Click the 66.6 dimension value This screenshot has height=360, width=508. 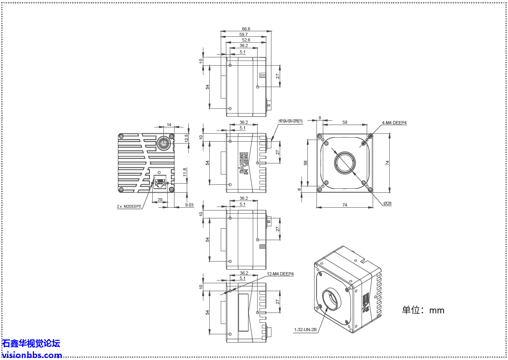[246, 29]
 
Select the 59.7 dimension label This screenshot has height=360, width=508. [243, 34]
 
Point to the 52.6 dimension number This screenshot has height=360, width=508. [246, 40]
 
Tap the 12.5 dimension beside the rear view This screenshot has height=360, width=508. [186, 138]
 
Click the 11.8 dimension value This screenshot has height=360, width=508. [185, 172]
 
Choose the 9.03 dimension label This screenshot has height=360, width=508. [189, 205]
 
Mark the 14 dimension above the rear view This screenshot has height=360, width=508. [169, 125]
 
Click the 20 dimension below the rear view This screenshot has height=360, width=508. [160, 200]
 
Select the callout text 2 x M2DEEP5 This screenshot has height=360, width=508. [129, 207]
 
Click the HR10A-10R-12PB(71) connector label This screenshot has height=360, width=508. [290, 121]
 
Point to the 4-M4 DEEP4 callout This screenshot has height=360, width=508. [394, 123]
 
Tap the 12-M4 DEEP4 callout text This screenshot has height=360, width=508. [280, 274]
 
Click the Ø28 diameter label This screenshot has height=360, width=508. [387, 203]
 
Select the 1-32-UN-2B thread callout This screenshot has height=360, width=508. [305, 329]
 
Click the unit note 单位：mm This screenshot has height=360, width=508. [423, 310]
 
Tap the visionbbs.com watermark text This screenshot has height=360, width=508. [32, 355]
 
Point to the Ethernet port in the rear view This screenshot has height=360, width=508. [160, 182]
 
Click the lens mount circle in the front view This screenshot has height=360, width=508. [345, 162]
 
